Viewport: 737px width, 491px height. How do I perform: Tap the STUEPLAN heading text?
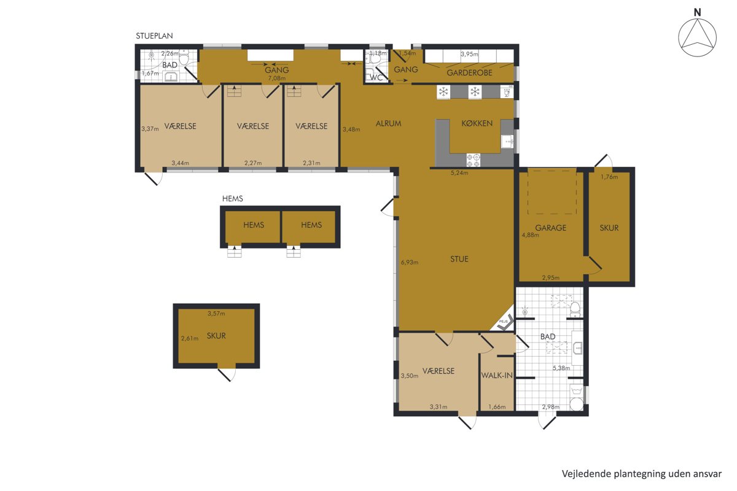tap(154, 36)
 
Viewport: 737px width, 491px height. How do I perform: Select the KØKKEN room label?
tap(477, 123)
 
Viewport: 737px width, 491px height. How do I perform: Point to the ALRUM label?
tap(388, 123)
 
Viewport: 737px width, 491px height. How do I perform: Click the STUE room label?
tap(459, 259)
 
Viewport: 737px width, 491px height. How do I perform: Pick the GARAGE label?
tap(550, 228)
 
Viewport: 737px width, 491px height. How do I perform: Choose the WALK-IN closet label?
tap(497, 375)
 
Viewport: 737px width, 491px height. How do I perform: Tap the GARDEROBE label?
tap(469, 72)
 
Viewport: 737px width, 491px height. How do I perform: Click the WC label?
tap(376, 78)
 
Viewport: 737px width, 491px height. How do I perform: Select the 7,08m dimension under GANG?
tap(277, 79)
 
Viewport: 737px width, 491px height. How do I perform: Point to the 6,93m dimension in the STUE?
tap(409, 263)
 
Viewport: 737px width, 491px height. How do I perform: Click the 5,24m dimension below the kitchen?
tap(459, 172)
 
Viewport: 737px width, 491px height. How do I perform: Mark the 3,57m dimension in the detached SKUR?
tap(216, 314)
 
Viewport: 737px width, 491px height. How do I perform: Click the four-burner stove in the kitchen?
tap(473, 160)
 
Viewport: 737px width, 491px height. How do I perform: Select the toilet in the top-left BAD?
tap(184, 58)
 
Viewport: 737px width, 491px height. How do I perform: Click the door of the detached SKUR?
tap(227, 374)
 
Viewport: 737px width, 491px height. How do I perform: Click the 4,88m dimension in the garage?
tap(531, 235)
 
